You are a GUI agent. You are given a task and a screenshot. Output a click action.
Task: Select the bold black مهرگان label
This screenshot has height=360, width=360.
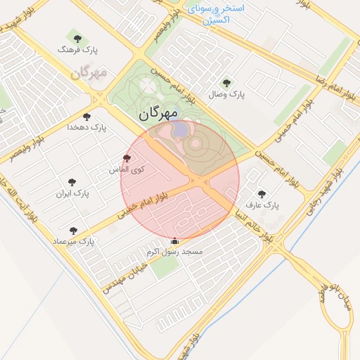(158, 112)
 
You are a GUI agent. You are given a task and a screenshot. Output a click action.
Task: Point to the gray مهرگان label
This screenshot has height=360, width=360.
(89, 73)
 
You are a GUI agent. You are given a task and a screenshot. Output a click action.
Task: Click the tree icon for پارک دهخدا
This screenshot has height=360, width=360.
(86, 117)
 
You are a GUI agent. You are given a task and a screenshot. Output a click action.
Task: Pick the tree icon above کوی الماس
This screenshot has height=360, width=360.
(127, 159)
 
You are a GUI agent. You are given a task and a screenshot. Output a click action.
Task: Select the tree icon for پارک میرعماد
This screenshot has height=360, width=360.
(73, 230)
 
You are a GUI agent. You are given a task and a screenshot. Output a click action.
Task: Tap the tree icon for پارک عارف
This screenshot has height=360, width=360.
(262, 194)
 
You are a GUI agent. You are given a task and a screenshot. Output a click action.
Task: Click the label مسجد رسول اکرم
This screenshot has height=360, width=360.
(174, 252)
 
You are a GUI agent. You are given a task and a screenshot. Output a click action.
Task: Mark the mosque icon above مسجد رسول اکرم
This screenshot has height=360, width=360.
(174, 241)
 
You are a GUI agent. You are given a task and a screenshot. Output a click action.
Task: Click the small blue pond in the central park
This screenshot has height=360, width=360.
(180, 129)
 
